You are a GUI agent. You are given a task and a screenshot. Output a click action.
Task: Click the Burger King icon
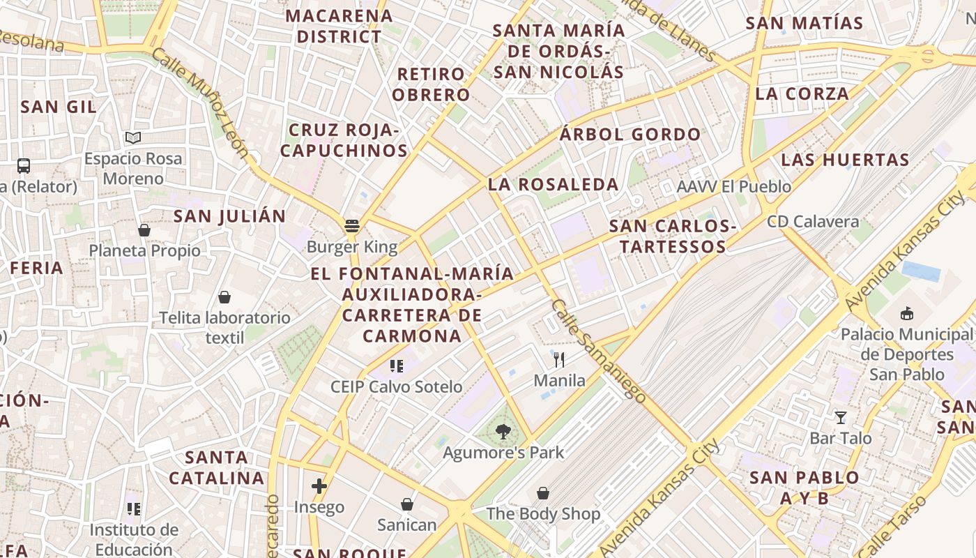(x=351, y=226)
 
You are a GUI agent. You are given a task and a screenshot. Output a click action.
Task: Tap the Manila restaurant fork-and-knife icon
(x=558, y=360)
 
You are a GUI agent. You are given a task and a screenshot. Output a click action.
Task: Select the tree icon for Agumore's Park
(x=503, y=432)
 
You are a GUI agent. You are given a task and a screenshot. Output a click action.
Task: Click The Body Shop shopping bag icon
(x=543, y=494)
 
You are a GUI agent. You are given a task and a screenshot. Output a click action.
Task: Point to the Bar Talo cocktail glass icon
(x=841, y=418)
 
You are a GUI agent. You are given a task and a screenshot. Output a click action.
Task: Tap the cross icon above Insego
(x=319, y=486)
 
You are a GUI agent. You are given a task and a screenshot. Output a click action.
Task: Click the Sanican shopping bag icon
(x=407, y=504)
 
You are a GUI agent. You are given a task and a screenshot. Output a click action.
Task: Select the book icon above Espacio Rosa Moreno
(x=133, y=138)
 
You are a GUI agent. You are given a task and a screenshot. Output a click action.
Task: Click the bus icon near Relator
(x=24, y=166)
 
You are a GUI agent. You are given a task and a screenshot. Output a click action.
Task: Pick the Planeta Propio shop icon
(x=144, y=230)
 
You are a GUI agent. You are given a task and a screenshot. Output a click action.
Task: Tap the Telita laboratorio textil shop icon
(x=224, y=298)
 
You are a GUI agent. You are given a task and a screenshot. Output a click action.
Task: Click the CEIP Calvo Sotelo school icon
(x=397, y=366)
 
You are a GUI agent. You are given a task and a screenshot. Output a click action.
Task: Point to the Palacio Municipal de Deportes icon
(x=906, y=314)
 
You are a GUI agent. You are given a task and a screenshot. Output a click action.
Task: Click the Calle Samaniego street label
(x=599, y=350)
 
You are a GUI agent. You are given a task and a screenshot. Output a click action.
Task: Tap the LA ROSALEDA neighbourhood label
(x=553, y=185)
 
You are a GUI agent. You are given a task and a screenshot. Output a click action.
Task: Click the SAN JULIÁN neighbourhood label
(x=229, y=216)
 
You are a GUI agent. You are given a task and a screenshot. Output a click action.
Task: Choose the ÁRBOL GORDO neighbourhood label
(x=630, y=135)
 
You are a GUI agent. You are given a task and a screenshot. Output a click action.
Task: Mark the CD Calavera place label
(x=813, y=222)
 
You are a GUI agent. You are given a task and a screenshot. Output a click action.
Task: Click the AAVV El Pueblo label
(x=734, y=187)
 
